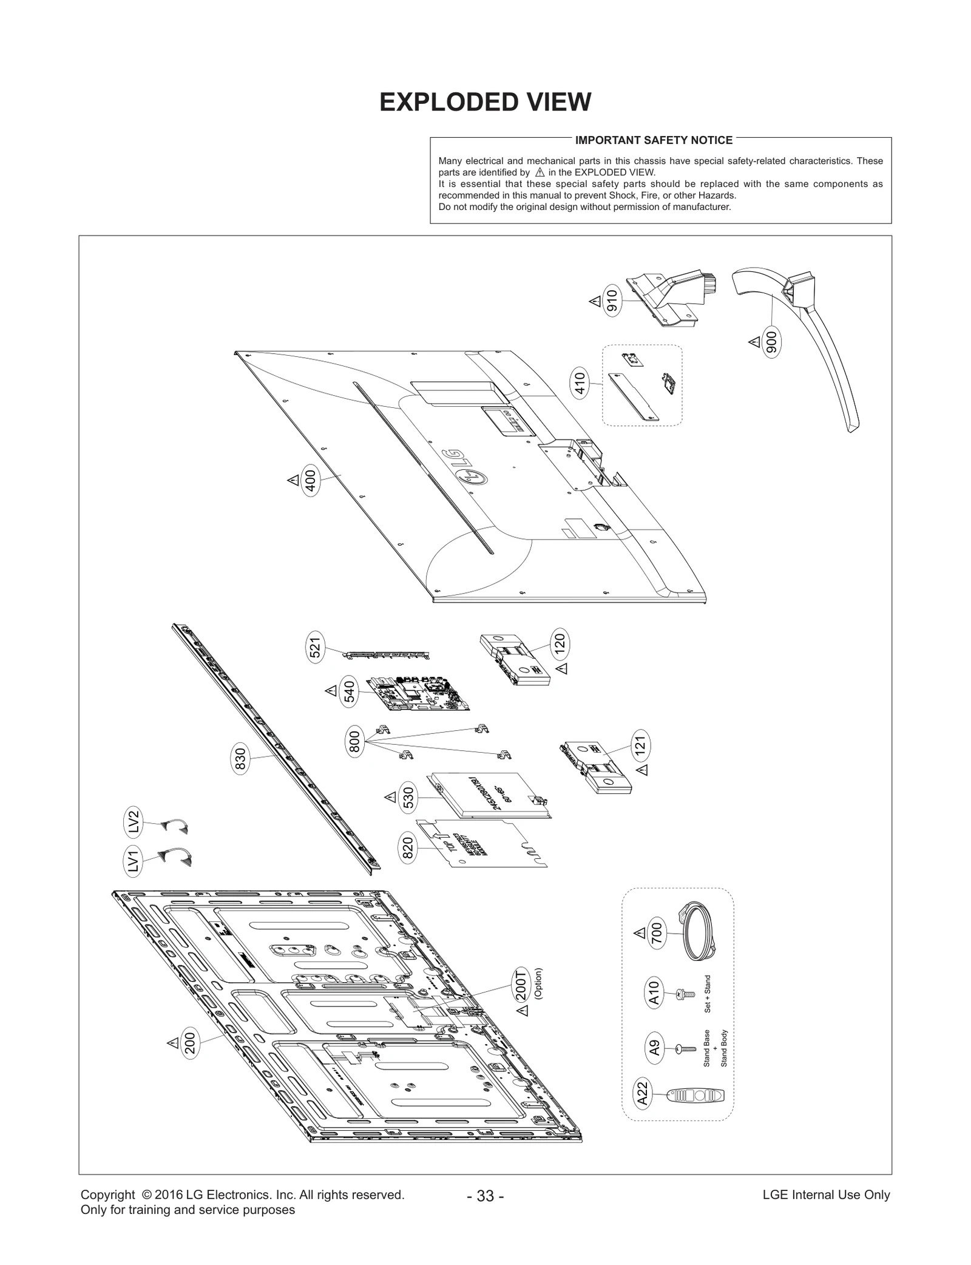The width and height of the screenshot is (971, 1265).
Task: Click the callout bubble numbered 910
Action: (x=612, y=301)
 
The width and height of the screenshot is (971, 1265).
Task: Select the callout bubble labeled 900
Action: (x=771, y=343)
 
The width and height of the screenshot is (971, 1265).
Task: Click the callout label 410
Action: (x=580, y=384)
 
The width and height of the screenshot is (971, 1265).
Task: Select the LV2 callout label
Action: (x=134, y=821)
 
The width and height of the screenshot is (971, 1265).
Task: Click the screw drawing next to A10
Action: (x=685, y=994)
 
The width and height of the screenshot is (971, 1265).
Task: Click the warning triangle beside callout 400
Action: (x=293, y=481)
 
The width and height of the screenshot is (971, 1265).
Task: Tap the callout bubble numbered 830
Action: (x=240, y=761)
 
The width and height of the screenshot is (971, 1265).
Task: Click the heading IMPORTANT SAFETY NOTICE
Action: (x=654, y=140)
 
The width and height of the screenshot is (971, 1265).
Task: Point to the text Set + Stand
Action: (x=707, y=994)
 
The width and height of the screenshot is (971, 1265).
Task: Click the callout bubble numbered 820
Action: (x=408, y=848)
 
